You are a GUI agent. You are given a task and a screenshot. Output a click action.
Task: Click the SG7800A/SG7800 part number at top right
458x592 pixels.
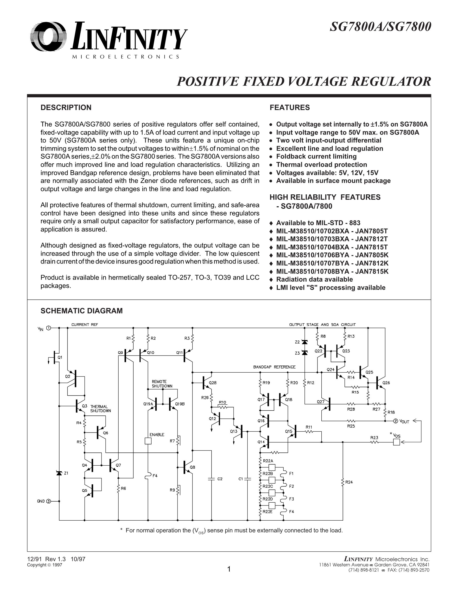point(380,27)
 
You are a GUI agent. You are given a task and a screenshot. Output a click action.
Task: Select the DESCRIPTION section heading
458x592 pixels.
point(66,108)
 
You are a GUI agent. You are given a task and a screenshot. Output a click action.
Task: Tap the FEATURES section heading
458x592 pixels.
point(290,108)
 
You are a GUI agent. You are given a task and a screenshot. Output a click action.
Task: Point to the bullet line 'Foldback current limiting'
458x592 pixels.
point(316,157)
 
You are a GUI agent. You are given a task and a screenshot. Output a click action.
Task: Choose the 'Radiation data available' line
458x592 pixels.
point(314,279)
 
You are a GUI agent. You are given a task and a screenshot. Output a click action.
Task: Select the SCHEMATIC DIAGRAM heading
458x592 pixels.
point(81,311)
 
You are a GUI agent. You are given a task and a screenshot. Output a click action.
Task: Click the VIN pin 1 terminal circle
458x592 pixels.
point(49,328)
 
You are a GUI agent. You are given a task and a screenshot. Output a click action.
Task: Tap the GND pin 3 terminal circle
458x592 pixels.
point(49,501)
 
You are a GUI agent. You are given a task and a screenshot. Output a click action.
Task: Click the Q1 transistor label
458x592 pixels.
point(60,358)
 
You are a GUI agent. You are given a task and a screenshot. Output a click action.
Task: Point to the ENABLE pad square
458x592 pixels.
point(148,441)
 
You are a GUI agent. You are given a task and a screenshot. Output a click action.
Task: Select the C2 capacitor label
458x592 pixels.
point(220,479)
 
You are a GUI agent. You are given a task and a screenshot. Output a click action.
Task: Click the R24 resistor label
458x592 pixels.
point(349,482)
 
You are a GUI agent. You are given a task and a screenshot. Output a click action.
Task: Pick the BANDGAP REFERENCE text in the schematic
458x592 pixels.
point(274,367)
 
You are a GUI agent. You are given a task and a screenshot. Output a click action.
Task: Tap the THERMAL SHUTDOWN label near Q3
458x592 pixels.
point(100,408)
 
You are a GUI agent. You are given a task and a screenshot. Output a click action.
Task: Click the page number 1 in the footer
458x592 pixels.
point(229,569)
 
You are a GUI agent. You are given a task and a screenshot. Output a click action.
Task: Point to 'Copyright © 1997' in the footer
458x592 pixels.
point(45,565)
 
